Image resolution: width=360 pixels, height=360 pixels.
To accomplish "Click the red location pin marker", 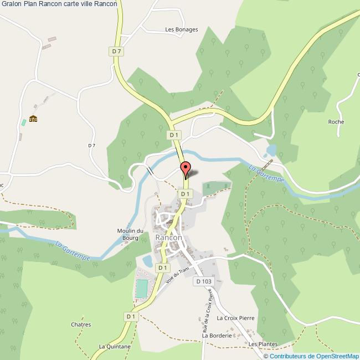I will coord(186,168).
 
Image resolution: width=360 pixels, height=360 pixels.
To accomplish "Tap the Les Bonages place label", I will coord(182,30).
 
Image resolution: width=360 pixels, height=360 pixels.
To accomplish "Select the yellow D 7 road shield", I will coord(116,51).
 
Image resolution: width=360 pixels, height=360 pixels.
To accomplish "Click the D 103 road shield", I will coord(204,281).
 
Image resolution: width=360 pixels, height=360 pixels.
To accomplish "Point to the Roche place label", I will coord(336,122).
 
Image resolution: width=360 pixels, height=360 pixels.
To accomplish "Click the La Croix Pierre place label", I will coord(235,318).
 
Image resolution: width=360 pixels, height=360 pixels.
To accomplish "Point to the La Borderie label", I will coord(216,336).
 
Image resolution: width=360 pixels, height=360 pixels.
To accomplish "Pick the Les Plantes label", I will coord(263,344).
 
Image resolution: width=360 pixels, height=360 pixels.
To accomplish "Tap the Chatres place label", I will coord(81,325).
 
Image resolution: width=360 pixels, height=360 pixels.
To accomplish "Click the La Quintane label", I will coord(115,347).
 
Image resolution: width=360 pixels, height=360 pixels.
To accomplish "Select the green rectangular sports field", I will coord(142,289).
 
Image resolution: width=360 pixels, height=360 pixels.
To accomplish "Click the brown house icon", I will coord(33,118).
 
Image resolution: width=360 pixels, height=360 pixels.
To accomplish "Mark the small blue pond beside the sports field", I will coord(148,260).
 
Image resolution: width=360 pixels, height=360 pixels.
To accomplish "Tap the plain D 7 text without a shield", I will coord(91,146).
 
